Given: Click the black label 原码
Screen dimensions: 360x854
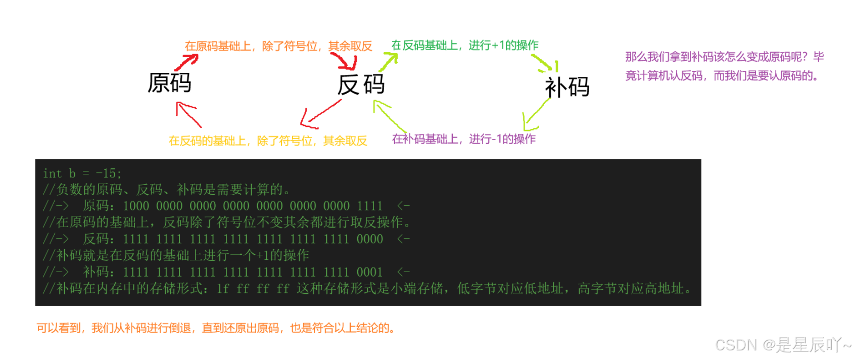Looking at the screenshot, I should click(x=169, y=83).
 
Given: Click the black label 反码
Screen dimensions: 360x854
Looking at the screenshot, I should click(x=361, y=84).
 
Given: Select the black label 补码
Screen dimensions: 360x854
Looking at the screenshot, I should click(x=567, y=87).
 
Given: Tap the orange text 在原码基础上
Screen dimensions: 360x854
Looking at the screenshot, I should click(x=218, y=47).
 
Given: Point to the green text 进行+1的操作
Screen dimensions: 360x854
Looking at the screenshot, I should click(x=503, y=46).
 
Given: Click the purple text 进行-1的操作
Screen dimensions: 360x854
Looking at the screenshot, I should click(x=502, y=139).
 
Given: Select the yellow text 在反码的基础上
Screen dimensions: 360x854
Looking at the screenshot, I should click(x=208, y=141).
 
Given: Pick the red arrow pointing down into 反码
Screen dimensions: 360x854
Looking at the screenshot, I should click(x=346, y=62).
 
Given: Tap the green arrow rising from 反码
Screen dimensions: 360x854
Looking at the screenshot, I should click(x=388, y=62).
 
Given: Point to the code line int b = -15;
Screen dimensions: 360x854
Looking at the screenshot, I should click(x=82, y=173).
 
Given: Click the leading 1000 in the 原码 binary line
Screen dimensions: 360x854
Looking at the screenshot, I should click(x=136, y=206).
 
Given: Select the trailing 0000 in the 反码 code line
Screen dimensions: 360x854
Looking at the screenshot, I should click(x=369, y=239).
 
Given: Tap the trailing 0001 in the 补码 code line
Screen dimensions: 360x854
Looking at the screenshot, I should click(x=369, y=272).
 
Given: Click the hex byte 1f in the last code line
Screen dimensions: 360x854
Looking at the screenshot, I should click(x=222, y=289).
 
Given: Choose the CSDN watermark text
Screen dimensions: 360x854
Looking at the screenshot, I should click(x=783, y=345).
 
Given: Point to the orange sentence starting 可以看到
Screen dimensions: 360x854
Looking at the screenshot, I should click(x=215, y=328).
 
